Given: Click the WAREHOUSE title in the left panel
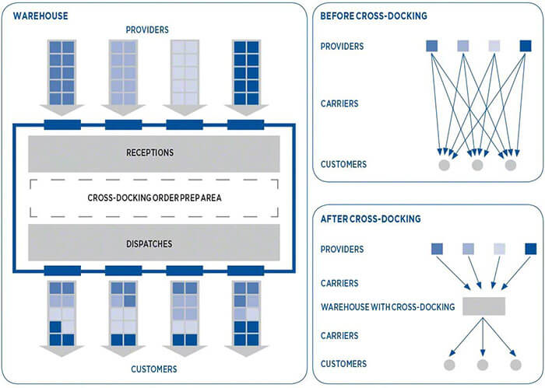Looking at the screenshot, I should [x=40, y=16].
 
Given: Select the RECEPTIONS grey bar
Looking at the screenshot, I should [x=153, y=153].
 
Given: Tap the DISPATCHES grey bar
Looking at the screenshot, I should [x=153, y=243].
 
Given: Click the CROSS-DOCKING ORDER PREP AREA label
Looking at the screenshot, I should [x=153, y=198].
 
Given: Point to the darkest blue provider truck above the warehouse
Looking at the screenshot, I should [x=246, y=72].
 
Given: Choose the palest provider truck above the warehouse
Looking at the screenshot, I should [x=185, y=72].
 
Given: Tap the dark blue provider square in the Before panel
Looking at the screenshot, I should [x=526, y=46].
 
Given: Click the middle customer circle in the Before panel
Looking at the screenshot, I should [x=477, y=165].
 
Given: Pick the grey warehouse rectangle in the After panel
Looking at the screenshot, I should [x=483, y=306].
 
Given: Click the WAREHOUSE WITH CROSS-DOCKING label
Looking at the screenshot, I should [x=388, y=306].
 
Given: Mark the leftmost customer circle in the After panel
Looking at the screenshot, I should [x=449, y=365].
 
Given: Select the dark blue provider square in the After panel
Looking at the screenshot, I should [x=530, y=249].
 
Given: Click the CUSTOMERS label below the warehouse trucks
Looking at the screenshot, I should [x=153, y=369].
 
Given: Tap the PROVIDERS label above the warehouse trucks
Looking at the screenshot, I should [x=147, y=30].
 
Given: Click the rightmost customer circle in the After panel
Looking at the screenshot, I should [x=515, y=365].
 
